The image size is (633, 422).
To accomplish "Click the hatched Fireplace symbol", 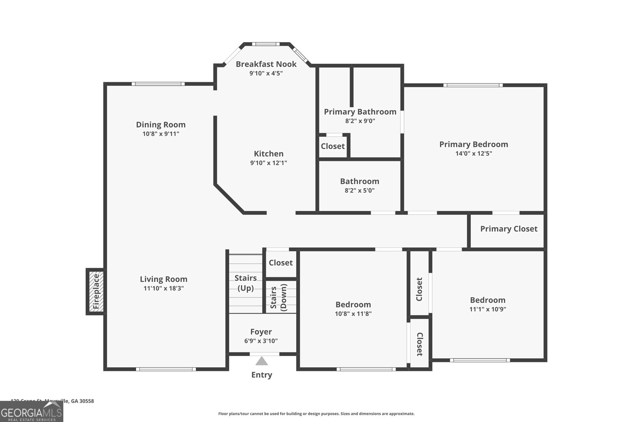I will (96, 291).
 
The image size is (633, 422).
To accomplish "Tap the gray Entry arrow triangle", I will (262, 361).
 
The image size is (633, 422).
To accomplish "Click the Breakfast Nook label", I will (266, 64).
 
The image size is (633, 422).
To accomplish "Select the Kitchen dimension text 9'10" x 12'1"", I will (268, 163).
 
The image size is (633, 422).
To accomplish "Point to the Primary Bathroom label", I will (360, 112).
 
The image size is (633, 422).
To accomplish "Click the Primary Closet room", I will (508, 229).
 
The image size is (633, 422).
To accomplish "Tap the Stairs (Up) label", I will (246, 283).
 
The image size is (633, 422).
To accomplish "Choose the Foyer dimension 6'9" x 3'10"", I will (261, 341).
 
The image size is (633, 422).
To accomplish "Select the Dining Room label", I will (161, 125).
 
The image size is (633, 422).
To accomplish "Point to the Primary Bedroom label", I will (474, 144).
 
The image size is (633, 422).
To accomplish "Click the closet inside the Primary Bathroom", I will (333, 146).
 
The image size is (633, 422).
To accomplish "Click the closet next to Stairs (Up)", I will (280, 263).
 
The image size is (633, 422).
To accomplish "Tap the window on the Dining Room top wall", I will (158, 84).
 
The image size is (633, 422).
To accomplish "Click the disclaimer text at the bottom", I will (316, 414).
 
